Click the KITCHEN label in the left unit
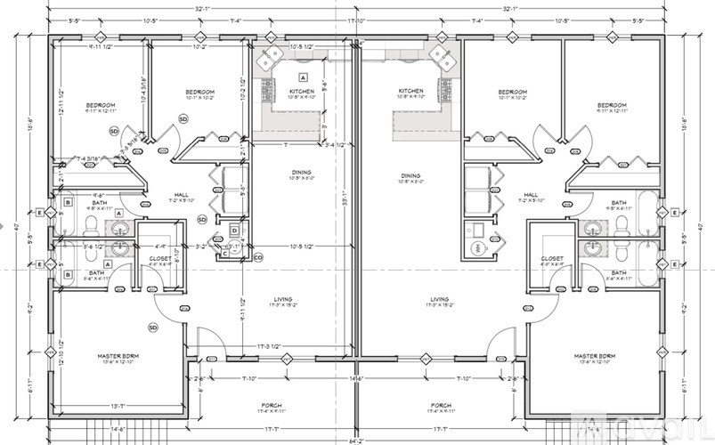[301, 93]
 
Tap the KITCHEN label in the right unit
[410, 91]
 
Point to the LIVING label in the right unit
[439, 300]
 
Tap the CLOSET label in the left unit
[159, 259]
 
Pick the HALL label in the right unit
[531, 195]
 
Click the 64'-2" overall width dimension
[356, 440]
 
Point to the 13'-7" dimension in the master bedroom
[118, 406]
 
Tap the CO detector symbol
[257, 257]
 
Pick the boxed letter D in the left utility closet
[233, 231]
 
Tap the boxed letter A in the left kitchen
[303, 77]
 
